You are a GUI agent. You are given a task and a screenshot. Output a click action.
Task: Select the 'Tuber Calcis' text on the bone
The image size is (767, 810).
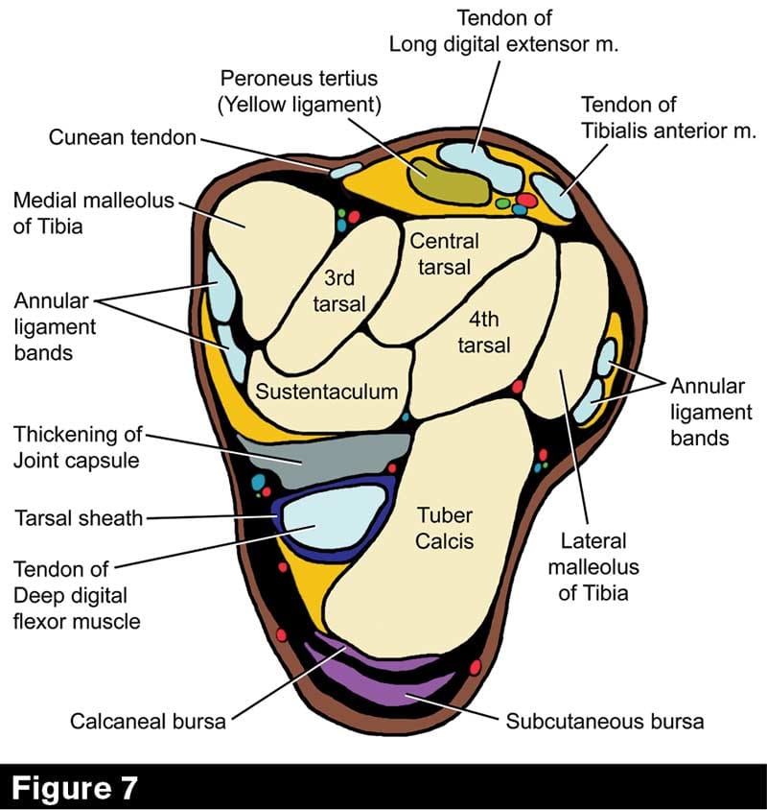(444, 528)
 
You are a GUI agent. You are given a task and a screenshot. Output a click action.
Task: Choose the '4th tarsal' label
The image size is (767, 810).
(483, 331)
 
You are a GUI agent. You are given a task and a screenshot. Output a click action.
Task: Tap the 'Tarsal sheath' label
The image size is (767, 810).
(79, 519)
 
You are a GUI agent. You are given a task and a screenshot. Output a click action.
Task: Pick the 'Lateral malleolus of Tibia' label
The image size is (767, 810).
(587, 565)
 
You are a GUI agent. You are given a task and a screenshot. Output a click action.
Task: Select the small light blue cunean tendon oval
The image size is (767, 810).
(346, 171)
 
